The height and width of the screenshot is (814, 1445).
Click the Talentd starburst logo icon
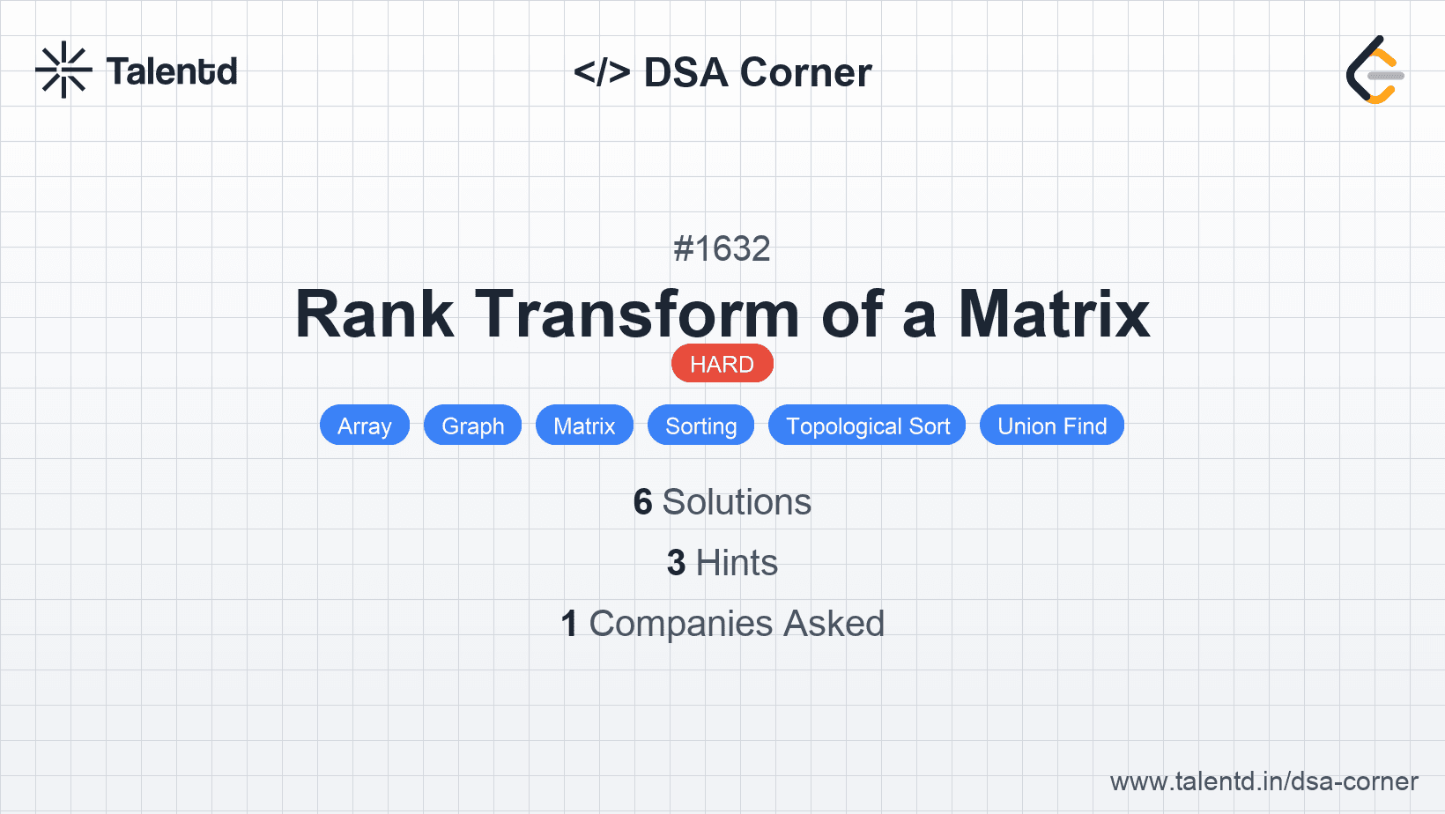click(63, 70)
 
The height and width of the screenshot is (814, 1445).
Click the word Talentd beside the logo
click(172, 71)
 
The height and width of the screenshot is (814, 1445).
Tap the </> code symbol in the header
click(602, 71)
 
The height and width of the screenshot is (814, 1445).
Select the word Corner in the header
click(805, 72)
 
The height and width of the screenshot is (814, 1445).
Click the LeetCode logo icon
click(1375, 70)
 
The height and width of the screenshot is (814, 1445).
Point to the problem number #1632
click(722, 248)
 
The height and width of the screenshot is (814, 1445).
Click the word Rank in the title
click(374, 314)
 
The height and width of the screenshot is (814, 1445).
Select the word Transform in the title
click(637, 314)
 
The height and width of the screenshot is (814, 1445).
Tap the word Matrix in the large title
click(1054, 314)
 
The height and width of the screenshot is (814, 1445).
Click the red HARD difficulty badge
click(722, 364)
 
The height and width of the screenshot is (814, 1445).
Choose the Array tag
click(365, 425)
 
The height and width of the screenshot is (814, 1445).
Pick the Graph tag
click(473, 425)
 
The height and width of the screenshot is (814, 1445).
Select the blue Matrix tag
click(584, 425)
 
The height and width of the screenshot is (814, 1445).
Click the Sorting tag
click(700, 425)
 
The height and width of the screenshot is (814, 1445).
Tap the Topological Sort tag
click(867, 425)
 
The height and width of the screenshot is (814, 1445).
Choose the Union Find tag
click(1052, 425)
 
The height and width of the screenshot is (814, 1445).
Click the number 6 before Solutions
click(643, 502)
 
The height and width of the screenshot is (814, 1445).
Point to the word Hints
click(737, 562)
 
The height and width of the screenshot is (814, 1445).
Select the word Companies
click(680, 624)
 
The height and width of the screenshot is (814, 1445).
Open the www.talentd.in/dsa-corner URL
click(1263, 781)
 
